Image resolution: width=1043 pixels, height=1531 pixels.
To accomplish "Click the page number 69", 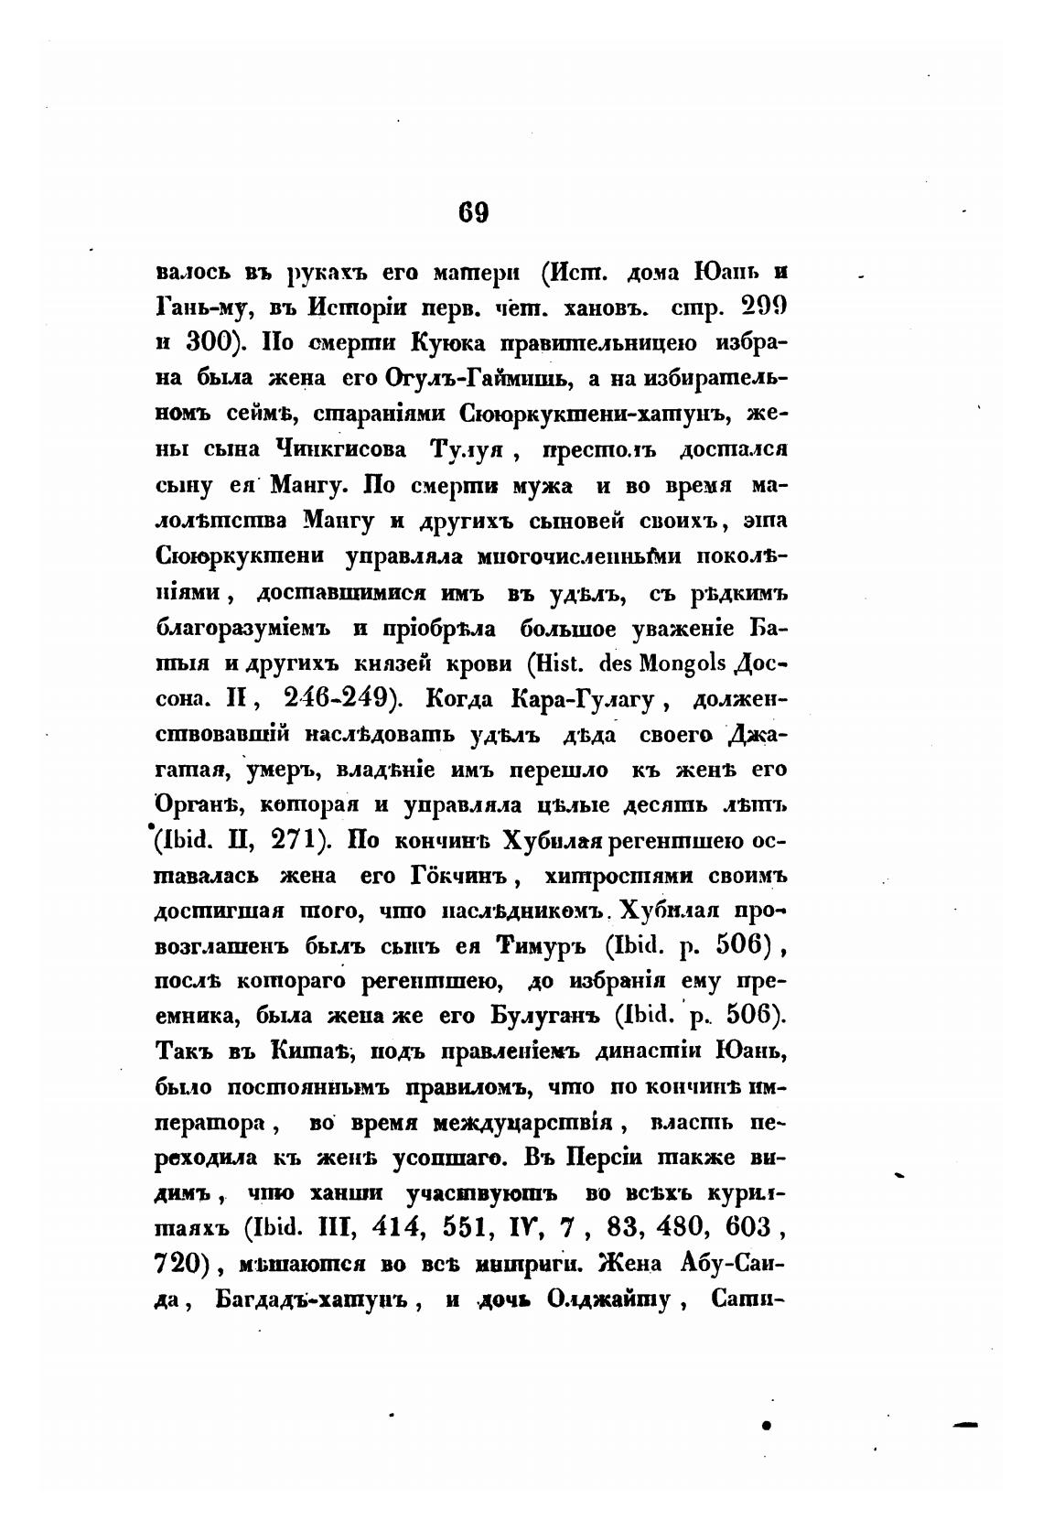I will pos(474,212).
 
